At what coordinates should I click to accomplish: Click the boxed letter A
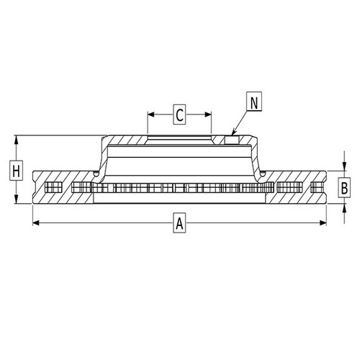click(x=179, y=225)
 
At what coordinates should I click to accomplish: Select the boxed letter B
click(x=344, y=188)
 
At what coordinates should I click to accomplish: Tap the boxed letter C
click(x=180, y=114)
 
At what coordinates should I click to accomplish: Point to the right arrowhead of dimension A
click(x=325, y=225)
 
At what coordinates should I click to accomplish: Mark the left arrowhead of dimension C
click(x=150, y=114)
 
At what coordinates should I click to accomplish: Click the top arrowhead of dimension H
click(x=16, y=138)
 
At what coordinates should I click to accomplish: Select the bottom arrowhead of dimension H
click(x=16, y=202)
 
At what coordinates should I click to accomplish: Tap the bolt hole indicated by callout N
click(x=231, y=139)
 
